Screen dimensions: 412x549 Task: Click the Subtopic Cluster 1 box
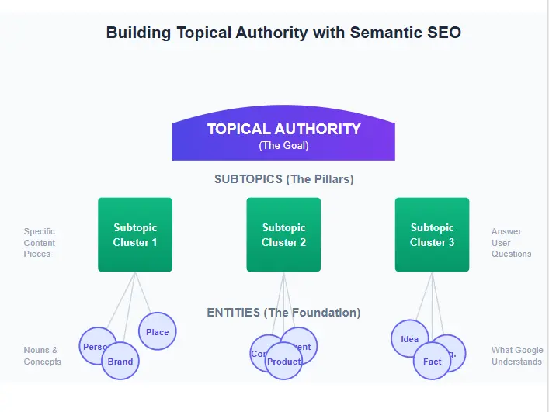coord(135,234)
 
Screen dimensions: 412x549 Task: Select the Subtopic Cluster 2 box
coord(283,234)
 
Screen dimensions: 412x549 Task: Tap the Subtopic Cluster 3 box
coord(432,234)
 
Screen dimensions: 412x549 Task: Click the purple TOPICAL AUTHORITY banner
coord(283,130)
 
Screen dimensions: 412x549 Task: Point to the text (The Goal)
coord(283,146)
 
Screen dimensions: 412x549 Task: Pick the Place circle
coord(158,332)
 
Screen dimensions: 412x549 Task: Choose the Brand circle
coord(120,362)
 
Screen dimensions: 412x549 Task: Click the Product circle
coord(283,362)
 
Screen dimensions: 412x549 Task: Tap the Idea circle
coord(409,339)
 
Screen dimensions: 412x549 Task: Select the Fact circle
coord(433,362)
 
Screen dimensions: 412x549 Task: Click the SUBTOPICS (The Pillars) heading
coord(283,179)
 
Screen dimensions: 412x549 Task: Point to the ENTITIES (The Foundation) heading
coord(283,313)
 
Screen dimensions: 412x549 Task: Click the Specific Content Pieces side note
coord(40,243)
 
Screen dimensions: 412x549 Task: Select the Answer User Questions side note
coord(511,243)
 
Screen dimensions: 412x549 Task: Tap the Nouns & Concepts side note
coord(42,356)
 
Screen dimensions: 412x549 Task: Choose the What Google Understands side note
coord(517,356)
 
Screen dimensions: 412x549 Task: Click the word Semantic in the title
coord(387,33)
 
